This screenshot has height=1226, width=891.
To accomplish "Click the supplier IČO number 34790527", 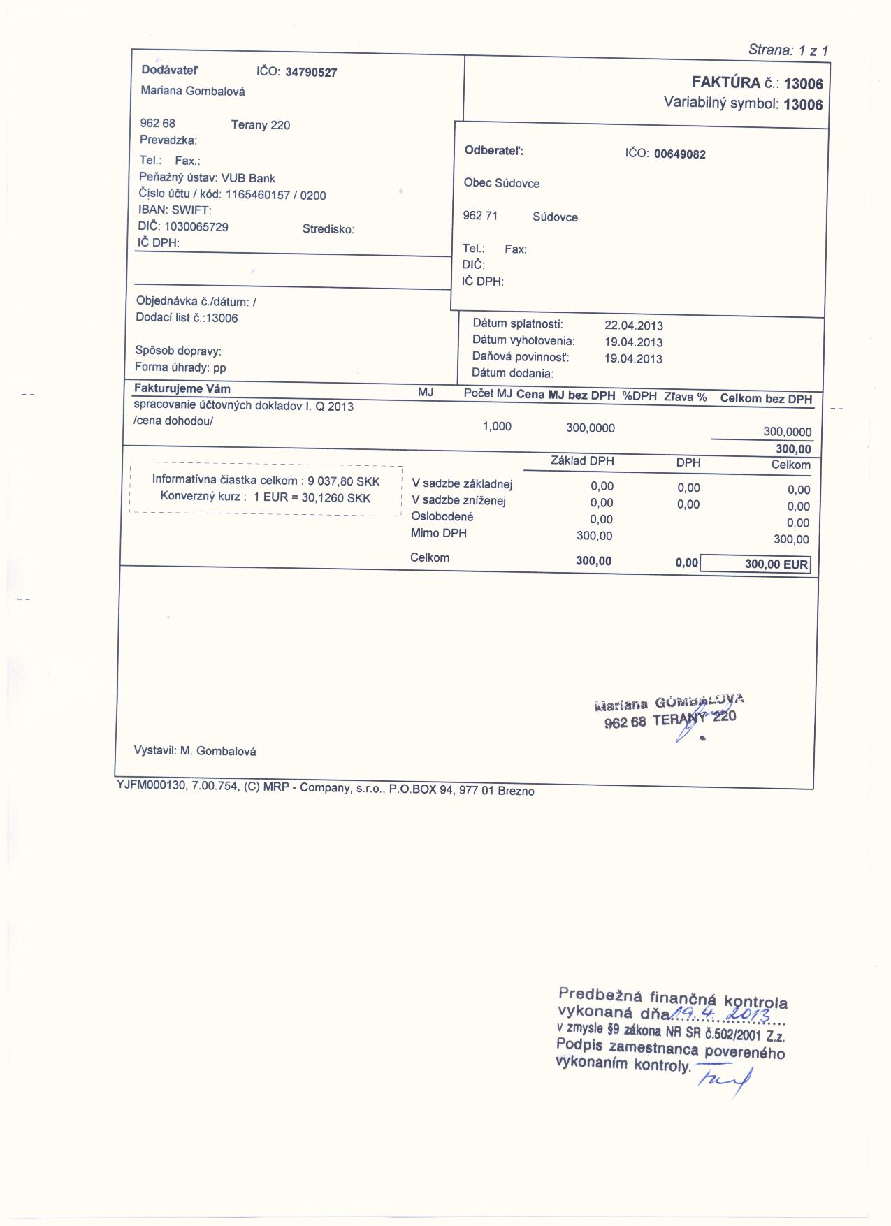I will [x=311, y=73].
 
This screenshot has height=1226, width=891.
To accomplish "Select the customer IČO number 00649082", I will [x=679, y=154].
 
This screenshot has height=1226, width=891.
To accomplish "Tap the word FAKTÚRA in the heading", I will [x=725, y=83].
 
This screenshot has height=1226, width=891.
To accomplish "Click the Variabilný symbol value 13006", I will [x=803, y=105].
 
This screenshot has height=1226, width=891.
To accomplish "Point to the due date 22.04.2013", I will [x=633, y=326].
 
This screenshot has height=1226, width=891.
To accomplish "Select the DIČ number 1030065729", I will [x=196, y=227].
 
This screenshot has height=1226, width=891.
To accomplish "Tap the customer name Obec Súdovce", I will [x=501, y=183].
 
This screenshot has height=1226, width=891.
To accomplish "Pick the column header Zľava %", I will [x=685, y=397].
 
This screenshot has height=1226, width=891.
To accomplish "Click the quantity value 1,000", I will [x=497, y=426].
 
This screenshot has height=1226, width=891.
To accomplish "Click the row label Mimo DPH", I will [x=438, y=534].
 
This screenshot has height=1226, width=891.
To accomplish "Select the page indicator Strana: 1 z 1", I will [x=788, y=50].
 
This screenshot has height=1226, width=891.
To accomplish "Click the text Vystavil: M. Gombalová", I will [x=195, y=751].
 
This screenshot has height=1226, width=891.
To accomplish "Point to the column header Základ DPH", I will [x=581, y=461].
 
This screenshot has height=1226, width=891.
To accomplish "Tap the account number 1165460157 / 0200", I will [x=275, y=195].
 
